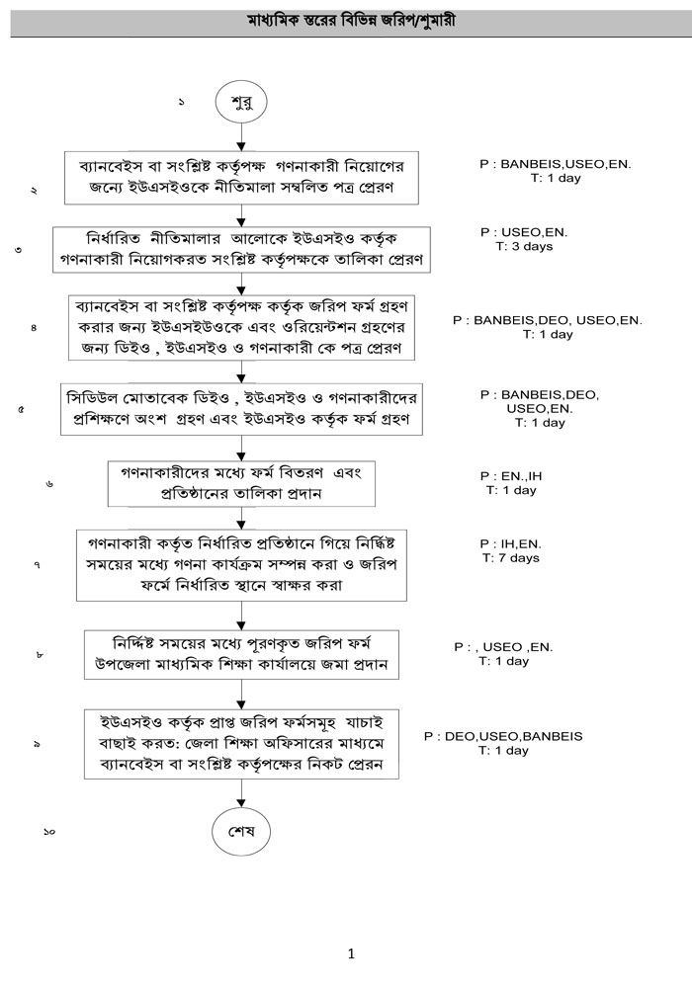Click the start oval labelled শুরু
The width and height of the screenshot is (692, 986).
[240, 103]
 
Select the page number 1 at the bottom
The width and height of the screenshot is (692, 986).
[351, 953]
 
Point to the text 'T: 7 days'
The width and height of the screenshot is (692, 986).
[511, 558]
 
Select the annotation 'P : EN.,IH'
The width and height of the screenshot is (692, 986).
[511, 475]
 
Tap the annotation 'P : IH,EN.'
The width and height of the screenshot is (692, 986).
[511, 543]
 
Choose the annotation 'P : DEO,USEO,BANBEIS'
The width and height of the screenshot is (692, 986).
[503, 736]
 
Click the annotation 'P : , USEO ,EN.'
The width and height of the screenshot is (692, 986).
[503, 647]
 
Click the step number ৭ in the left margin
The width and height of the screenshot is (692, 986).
[37, 565]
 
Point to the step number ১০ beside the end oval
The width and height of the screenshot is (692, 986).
[49, 832]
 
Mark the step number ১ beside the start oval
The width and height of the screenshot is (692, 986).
[181, 103]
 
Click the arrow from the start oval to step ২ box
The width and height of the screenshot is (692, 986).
[240, 137]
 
